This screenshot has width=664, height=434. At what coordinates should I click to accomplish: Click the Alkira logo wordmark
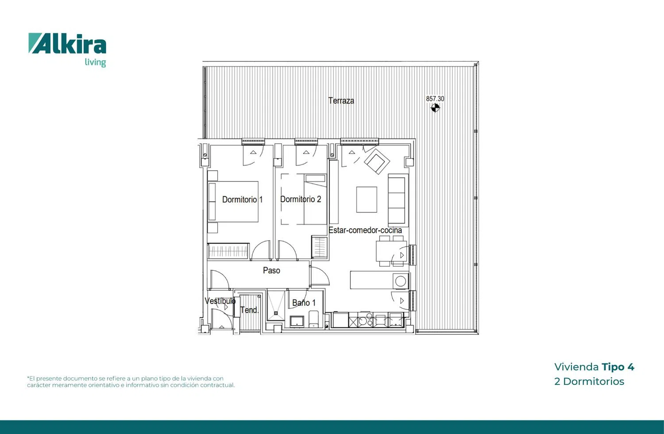67,43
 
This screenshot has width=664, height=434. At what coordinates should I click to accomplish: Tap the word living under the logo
95,62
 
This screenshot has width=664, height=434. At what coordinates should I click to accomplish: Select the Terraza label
341,101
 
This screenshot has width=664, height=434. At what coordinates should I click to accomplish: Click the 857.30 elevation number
435,99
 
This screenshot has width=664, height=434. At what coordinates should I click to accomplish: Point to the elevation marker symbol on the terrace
435,108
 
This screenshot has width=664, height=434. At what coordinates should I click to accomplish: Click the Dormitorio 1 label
243,200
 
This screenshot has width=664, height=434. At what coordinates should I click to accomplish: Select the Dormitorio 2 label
301,199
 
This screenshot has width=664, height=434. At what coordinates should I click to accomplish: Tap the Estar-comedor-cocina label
365,230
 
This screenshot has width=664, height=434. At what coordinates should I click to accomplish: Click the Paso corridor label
271,270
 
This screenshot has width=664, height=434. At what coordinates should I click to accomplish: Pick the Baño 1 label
304,303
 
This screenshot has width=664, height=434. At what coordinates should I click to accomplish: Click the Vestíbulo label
220,301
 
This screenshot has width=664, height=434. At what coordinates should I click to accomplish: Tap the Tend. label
249,310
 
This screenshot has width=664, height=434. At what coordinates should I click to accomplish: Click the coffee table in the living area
367,200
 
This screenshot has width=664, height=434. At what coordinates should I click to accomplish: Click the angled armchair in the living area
377,161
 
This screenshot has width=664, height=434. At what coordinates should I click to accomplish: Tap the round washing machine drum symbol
401,281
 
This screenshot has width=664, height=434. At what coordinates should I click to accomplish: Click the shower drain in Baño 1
276,313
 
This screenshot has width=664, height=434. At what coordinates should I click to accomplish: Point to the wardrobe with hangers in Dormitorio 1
228,251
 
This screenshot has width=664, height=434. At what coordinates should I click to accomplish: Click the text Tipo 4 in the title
618,367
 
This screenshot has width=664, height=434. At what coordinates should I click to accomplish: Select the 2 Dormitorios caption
589,381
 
